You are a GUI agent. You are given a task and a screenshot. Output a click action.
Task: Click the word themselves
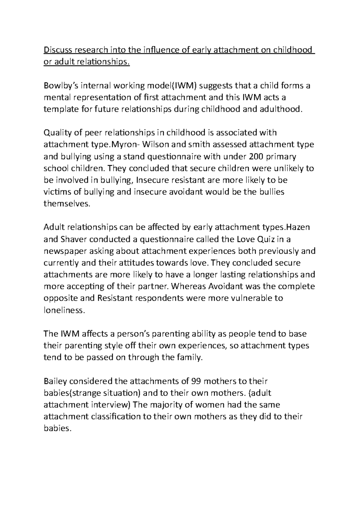67,204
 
